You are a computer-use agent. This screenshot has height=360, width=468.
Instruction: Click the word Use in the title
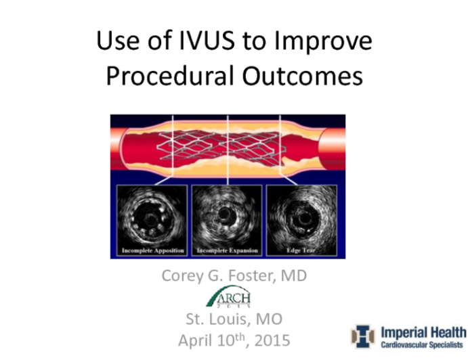117,42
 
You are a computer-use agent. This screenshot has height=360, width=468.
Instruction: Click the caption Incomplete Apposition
152,251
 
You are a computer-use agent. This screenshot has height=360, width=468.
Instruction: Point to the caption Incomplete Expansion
227,251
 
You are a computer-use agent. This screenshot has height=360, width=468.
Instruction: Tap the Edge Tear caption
302,251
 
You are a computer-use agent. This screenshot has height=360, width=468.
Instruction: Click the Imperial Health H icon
363,336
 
